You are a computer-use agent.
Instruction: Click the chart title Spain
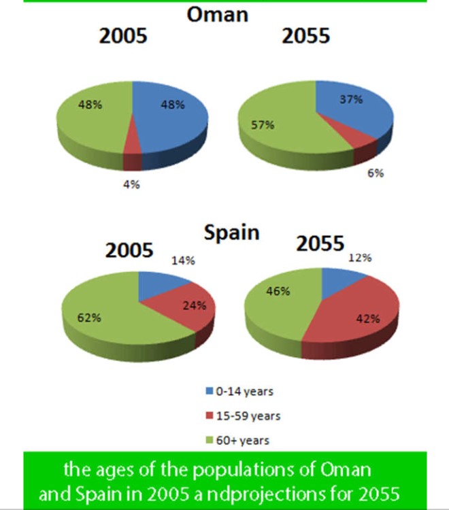point(232,233)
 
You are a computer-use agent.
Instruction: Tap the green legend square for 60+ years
point(210,440)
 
